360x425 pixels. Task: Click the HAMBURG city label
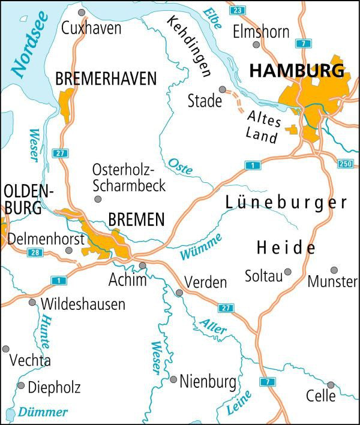coord(296,70)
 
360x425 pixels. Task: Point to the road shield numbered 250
coord(345,164)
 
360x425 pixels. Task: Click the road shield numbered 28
coord(36,252)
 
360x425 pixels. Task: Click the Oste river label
coord(180,166)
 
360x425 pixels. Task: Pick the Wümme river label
coord(201,247)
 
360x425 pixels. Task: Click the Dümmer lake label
coord(42,412)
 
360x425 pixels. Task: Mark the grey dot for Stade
coord(223,89)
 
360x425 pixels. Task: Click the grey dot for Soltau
coord(287,272)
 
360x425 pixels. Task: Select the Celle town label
coord(322,396)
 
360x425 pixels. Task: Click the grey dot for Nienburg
coord(173,379)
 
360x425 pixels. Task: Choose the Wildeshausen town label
coord(83,304)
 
